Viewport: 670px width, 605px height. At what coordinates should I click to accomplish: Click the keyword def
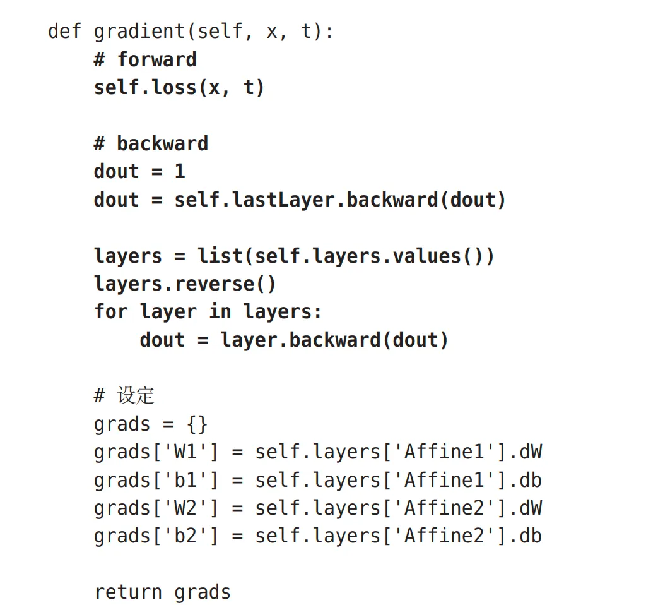(65, 31)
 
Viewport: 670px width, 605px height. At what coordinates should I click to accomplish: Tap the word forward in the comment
(157, 59)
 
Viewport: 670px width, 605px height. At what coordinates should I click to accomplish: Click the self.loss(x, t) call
(179, 87)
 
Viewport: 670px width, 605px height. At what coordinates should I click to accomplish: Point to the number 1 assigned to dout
(180, 171)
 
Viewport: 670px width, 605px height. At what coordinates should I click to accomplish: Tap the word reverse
(215, 284)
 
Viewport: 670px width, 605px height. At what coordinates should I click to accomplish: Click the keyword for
(111, 311)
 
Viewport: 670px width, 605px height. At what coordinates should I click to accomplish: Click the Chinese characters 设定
(136, 396)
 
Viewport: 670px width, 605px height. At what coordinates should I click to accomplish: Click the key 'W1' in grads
(185, 452)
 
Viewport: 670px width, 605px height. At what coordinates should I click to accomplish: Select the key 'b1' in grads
(185, 480)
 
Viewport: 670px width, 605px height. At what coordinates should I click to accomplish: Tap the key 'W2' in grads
(185, 508)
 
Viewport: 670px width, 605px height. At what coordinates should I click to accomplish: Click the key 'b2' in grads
(185, 536)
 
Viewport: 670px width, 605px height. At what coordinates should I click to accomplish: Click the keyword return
(128, 592)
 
